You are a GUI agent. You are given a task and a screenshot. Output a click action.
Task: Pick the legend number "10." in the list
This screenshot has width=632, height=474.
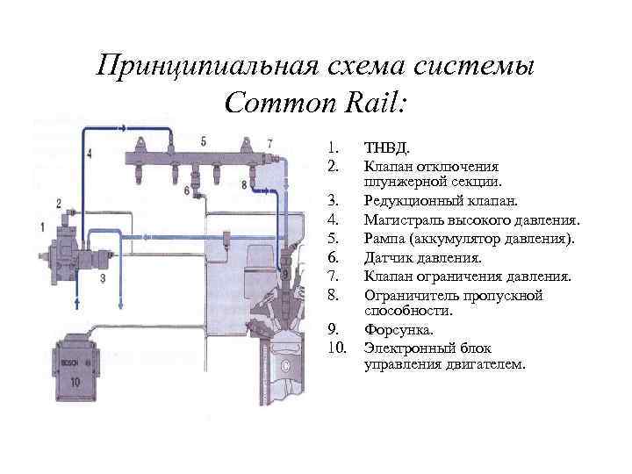tap(337, 348)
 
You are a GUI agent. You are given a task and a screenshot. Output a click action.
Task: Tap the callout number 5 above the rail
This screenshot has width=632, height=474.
tap(203, 140)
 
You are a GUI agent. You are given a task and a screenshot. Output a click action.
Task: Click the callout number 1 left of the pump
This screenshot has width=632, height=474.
tap(42, 227)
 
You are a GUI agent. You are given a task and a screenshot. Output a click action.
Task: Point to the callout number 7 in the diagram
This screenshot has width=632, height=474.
tap(269, 142)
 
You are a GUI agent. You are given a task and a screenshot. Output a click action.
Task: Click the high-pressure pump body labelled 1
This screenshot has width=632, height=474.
tap(71, 254)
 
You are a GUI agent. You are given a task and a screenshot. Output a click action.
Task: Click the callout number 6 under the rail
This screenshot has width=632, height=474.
tap(186, 190)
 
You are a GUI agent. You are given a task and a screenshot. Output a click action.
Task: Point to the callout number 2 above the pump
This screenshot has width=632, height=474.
tap(58, 204)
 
